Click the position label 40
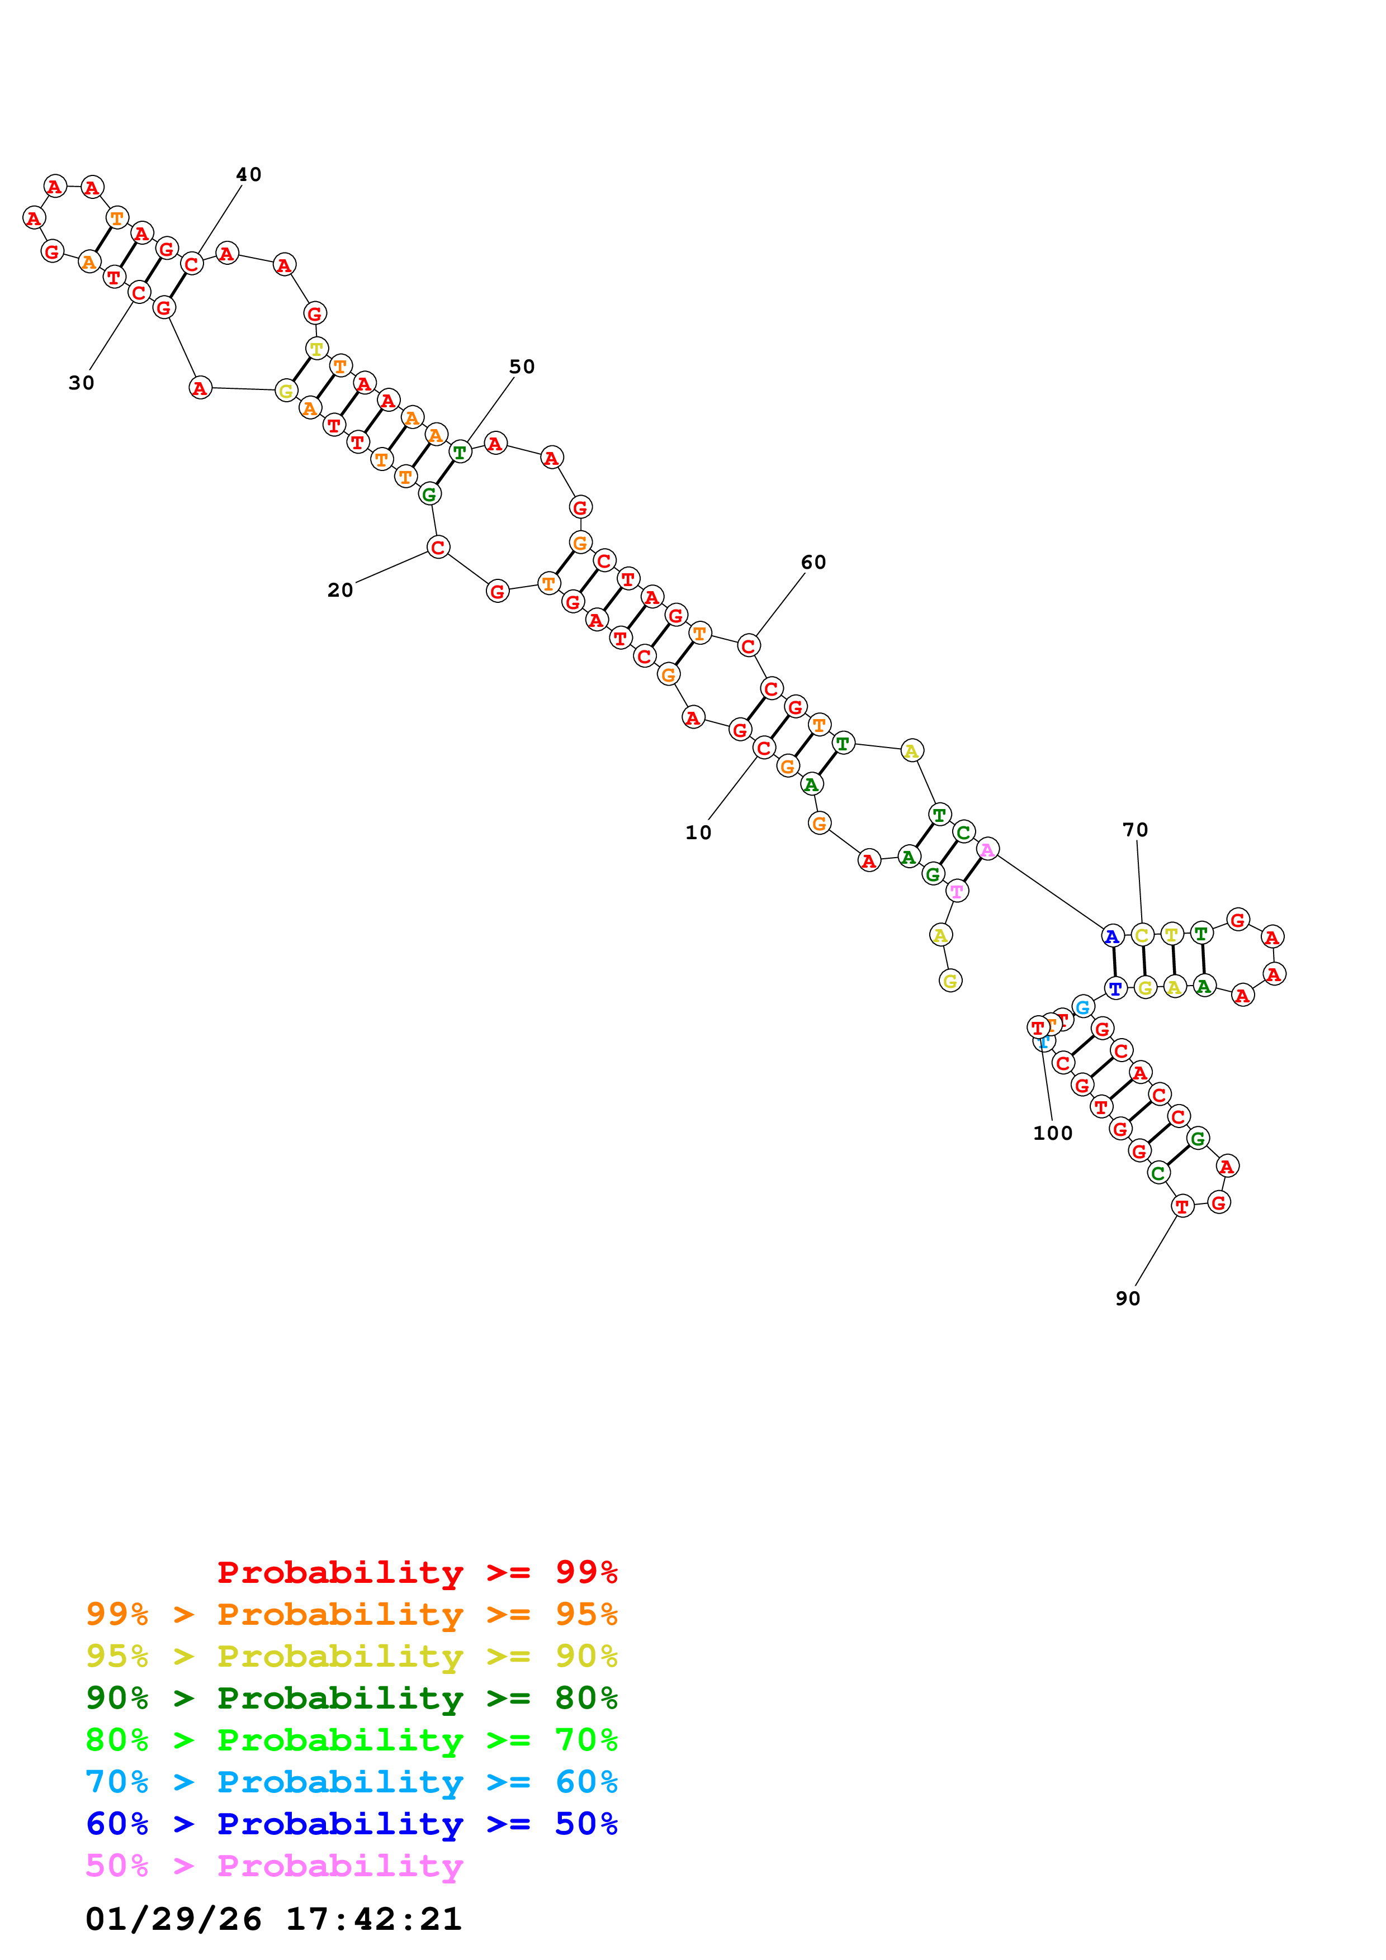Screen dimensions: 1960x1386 [248, 174]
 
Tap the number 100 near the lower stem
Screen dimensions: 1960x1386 [1052, 1133]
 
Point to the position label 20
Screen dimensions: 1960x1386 [340, 590]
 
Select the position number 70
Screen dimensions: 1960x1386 [1135, 830]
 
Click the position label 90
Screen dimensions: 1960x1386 [1127, 1298]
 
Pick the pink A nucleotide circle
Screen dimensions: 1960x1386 [987, 849]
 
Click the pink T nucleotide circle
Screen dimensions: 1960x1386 [957, 891]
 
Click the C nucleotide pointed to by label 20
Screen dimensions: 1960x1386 [438, 547]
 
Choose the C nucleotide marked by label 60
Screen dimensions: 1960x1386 [748, 646]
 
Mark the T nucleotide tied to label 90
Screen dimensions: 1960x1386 [1182, 1206]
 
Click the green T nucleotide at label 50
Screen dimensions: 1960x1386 [460, 453]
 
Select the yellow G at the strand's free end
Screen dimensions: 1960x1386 [950, 981]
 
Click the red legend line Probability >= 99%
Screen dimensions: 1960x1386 [417, 1572]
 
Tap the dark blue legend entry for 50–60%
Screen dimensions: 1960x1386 [351, 1824]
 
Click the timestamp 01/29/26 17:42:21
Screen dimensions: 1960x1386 [273, 1919]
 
